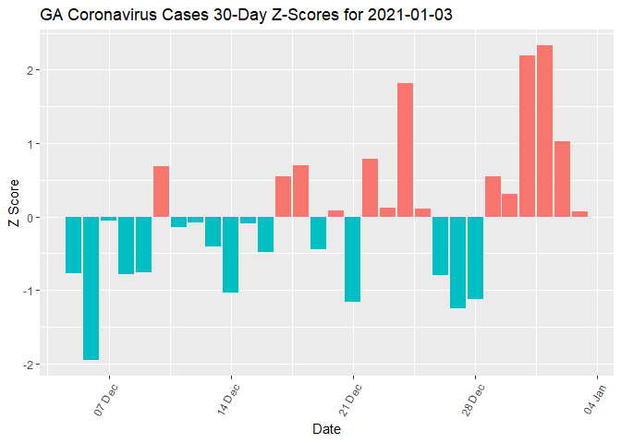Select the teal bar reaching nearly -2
coord(91,288)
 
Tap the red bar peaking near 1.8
coord(405,150)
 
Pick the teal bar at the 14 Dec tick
coord(230,255)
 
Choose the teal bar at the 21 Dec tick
coord(352,259)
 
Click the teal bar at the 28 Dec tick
coord(475,257)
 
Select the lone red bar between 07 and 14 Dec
coord(161,191)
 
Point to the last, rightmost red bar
coord(579,214)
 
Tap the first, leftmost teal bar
coord(73,245)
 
